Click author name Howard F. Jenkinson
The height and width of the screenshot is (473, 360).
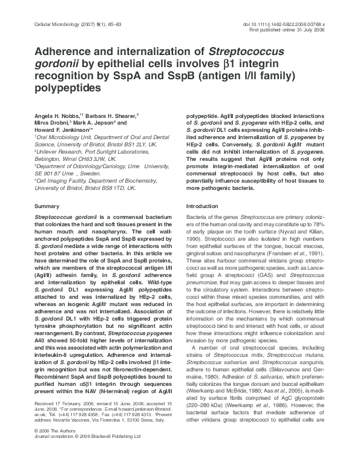tap(63, 129)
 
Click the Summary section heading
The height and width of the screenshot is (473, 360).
tap(47, 206)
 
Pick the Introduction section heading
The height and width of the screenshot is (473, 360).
tap(202, 206)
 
